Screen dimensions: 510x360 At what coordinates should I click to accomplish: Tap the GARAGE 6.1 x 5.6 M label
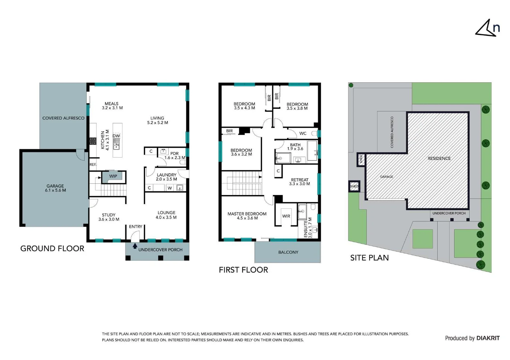[x=55, y=188]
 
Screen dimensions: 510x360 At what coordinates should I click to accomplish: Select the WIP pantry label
[x=113, y=176]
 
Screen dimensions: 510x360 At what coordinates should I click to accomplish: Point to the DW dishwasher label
[x=116, y=136]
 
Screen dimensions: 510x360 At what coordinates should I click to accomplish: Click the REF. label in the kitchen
[x=93, y=165]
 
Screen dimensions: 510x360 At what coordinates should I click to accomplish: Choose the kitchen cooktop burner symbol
[x=93, y=141]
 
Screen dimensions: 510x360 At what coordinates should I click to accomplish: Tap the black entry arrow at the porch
[x=135, y=246]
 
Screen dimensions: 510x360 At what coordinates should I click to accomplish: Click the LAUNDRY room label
[x=166, y=175]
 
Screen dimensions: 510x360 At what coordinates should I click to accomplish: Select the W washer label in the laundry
[x=170, y=188]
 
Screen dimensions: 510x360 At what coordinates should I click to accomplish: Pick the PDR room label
[x=174, y=154]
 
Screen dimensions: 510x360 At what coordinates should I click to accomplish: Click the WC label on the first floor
[x=303, y=134]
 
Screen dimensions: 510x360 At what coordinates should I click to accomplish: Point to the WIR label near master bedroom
[x=286, y=216]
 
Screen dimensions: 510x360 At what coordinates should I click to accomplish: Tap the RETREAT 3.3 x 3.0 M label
[x=300, y=182]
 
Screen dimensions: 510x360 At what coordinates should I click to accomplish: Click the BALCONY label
[x=288, y=252]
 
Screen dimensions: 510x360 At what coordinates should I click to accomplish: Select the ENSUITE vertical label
[x=306, y=229]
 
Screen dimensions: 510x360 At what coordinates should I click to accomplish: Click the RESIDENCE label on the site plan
[x=439, y=158]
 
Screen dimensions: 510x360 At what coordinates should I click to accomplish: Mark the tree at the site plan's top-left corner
[x=351, y=85]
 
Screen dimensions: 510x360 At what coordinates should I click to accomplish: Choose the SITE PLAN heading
[x=370, y=258]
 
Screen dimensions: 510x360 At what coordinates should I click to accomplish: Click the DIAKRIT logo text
[x=488, y=338]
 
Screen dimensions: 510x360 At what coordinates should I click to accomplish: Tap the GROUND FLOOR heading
[x=52, y=248]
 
